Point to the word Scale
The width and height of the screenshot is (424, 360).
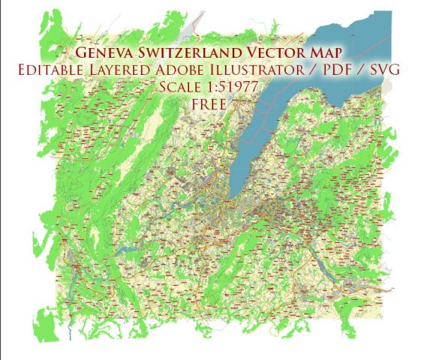[x=181, y=87]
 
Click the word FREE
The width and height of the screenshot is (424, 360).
[x=209, y=103]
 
